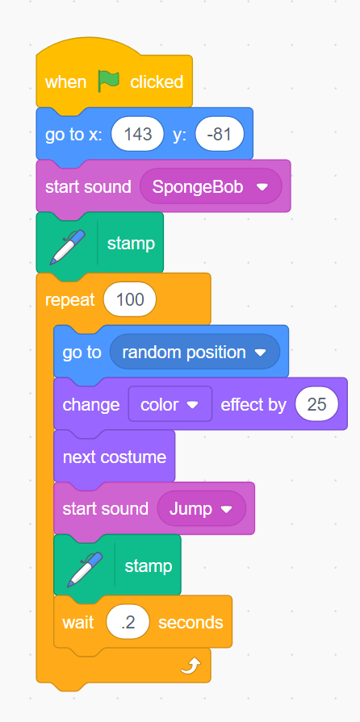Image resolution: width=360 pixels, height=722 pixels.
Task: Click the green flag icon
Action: [x=108, y=81]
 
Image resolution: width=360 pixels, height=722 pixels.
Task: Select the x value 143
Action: [x=137, y=134]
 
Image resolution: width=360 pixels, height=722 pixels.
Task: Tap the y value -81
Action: [x=219, y=134]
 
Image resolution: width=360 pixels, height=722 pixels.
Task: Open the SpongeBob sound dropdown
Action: [x=211, y=186]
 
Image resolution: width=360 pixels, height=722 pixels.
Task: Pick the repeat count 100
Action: [x=130, y=300]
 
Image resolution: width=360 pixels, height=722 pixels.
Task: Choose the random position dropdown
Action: [x=195, y=353]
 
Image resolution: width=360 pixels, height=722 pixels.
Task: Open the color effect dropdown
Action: [x=170, y=405]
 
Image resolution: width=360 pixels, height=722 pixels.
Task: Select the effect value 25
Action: [x=316, y=405]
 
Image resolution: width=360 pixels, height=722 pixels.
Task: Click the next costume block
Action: [x=115, y=457]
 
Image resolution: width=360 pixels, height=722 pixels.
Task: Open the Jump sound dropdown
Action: [x=201, y=509]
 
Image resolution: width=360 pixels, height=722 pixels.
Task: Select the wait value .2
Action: [x=128, y=623]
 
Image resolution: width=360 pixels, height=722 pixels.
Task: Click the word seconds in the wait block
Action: [x=190, y=623]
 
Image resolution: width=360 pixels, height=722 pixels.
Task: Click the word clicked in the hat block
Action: [x=157, y=82]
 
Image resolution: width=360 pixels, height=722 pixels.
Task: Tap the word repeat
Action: [x=69, y=300]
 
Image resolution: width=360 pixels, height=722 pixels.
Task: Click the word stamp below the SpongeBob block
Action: [x=131, y=244]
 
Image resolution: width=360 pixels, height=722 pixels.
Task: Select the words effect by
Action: [x=253, y=405]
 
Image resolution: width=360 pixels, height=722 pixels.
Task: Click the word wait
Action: [x=78, y=623]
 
